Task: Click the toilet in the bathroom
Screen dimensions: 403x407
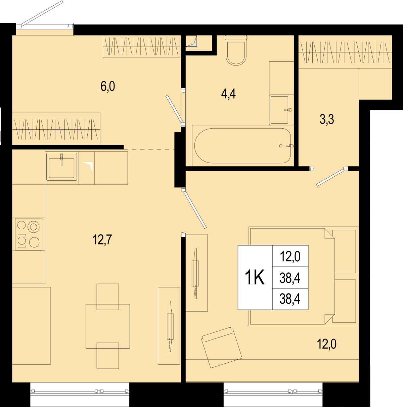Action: coord(236,50)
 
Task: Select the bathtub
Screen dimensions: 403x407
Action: coord(242,146)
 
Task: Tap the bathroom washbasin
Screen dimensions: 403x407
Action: coord(279,110)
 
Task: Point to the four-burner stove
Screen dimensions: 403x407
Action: coord(29,234)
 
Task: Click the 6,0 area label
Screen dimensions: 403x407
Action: coord(108,87)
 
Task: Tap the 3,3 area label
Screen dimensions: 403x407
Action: coord(327,120)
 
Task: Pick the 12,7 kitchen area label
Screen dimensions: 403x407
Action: coord(102,240)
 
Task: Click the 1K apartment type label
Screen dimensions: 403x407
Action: coord(255,278)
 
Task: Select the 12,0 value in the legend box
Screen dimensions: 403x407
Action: coord(290,257)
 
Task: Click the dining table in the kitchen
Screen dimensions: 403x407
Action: coord(108,326)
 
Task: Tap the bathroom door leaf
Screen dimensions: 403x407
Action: coord(174,109)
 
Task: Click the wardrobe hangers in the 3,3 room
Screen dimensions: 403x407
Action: coord(345,52)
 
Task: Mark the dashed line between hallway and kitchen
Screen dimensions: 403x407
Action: coord(149,149)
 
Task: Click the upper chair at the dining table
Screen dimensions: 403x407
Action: coord(108,297)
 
